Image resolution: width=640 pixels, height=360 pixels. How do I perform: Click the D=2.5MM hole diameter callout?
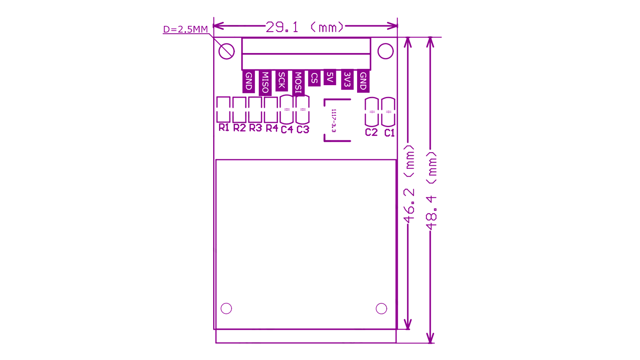point(186,29)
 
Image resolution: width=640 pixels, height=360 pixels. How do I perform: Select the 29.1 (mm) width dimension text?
point(305,27)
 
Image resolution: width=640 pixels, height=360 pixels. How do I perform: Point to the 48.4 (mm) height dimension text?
point(431,191)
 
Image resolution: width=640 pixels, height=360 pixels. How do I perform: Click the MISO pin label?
point(265,82)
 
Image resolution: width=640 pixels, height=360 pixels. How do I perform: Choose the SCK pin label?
point(282,81)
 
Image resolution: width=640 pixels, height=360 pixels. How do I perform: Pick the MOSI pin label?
point(298,83)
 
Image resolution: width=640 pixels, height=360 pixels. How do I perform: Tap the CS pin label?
point(314,78)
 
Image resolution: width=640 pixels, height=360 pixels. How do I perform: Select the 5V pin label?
point(330,77)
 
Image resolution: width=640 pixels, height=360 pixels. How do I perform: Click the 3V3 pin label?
point(347,80)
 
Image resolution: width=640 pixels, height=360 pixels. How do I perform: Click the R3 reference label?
point(255,128)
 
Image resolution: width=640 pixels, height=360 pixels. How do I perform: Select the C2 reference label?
point(372,132)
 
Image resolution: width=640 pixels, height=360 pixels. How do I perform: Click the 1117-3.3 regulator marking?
point(334,120)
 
